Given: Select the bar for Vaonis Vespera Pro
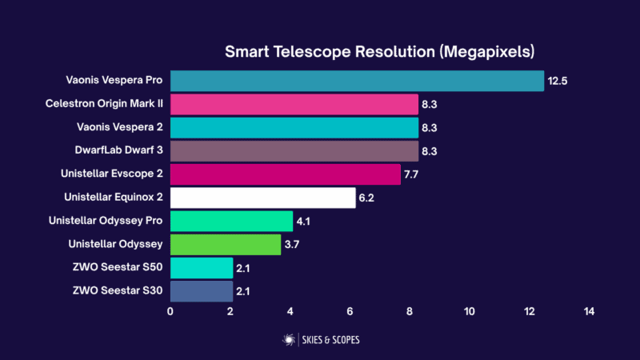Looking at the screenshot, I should click(357, 81).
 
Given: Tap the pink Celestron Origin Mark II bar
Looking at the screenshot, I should click(294, 104).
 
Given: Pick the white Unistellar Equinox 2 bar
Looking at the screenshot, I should click(262, 197).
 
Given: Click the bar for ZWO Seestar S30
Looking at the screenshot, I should click(201, 290).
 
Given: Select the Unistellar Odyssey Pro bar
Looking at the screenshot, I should click(231, 221).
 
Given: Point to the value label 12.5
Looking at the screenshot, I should click(557, 81).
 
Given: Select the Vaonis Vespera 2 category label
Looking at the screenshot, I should click(115, 126).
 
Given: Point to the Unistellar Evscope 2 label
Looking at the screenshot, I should click(112, 173).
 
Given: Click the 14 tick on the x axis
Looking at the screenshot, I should click(589, 311).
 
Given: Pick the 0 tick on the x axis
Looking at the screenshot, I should click(170, 311).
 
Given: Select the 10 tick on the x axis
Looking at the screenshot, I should click(469, 311).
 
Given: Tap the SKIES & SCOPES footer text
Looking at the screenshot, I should click(330, 340).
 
